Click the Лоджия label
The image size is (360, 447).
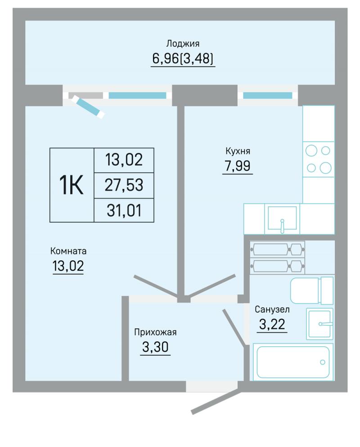(x=183, y=44)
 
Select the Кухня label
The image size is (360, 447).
(x=238, y=151)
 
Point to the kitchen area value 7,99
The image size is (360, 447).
(x=238, y=165)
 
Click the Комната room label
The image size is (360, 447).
(x=68, y=251)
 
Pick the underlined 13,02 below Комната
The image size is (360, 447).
(x=68, y=266)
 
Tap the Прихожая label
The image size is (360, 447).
(x=155, y=332)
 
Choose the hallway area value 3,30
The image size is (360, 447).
(x=155, y=347)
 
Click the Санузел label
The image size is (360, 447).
(x=272, y=309)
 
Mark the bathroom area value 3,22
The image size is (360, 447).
(x=272, y=324)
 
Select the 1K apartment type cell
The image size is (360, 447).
(x=72, y=185)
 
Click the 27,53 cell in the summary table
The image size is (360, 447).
(x=124, y=185)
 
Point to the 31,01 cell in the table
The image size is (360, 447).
(x=124, y=210)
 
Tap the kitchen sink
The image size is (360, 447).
(x=282, y=219)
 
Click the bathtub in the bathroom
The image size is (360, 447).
(x=293, y=362)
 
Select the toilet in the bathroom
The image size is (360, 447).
(x=312, y=291)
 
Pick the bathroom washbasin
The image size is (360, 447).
(x=319, y=324)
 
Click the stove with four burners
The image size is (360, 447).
(x=318, y=159)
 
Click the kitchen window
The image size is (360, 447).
(x=268, y=95)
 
